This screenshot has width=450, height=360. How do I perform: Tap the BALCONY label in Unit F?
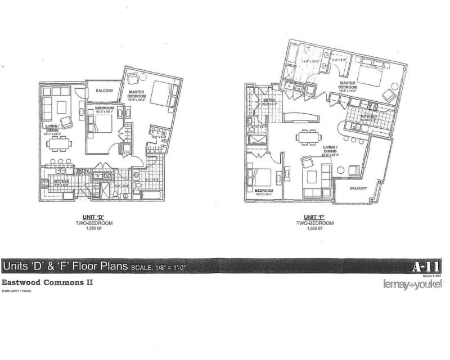click(358, 188)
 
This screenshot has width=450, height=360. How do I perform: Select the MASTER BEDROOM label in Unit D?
click(138, 94)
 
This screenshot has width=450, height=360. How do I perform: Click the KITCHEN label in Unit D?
click(61, 182)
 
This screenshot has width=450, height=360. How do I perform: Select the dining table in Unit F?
click(306, 137)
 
